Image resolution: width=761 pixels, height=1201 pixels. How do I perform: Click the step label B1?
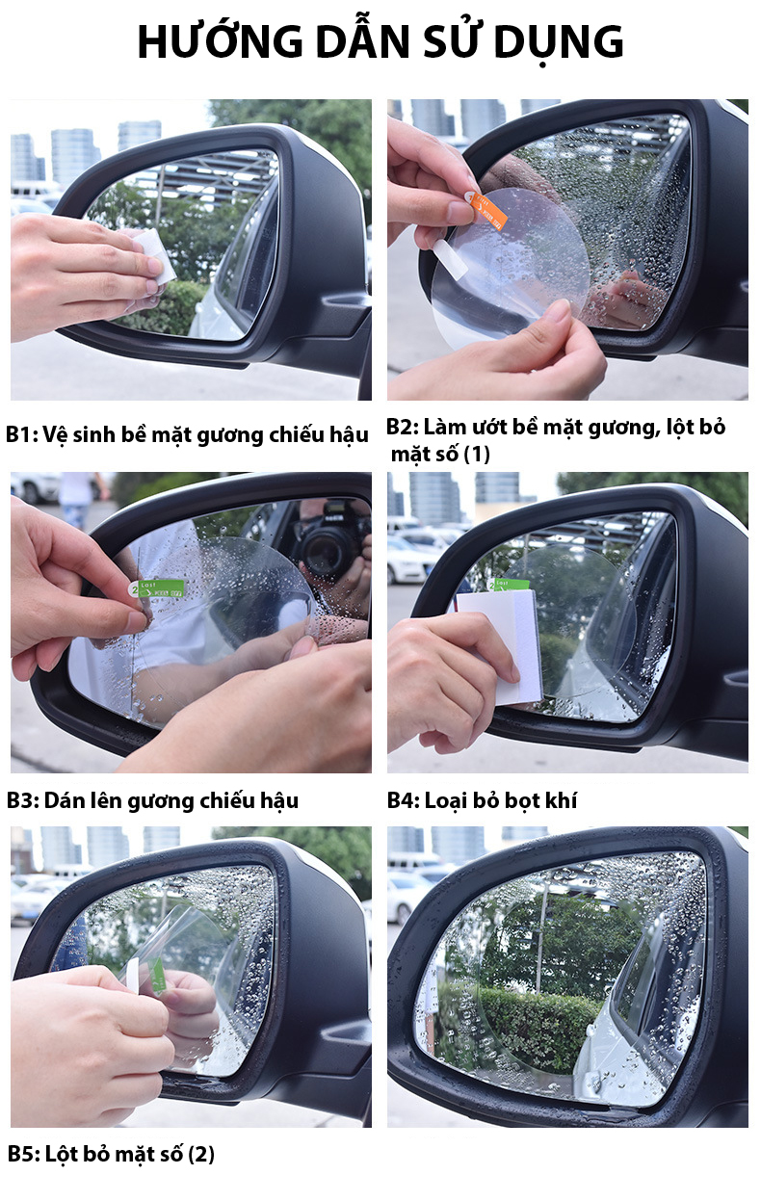point(21,434)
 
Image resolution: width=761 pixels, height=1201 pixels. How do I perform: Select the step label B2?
point(403,427)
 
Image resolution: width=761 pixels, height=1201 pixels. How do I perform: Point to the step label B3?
point(22,800)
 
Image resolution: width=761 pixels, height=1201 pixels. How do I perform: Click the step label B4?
point(404,800)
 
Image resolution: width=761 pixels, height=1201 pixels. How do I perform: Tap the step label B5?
point(23,1154)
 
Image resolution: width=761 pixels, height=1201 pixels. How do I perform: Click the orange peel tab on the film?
point(487,210)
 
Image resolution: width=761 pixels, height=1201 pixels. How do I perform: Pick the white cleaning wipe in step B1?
point(154,255)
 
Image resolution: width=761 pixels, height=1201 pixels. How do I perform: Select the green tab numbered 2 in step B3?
point(157,588)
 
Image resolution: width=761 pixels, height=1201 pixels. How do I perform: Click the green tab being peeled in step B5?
point(156,976)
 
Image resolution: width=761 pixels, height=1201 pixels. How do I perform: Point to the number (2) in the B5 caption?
point(200,1155)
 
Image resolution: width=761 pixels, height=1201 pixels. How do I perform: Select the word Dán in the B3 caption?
point(62,800)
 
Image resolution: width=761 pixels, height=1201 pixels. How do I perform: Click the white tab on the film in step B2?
point(449,259)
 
